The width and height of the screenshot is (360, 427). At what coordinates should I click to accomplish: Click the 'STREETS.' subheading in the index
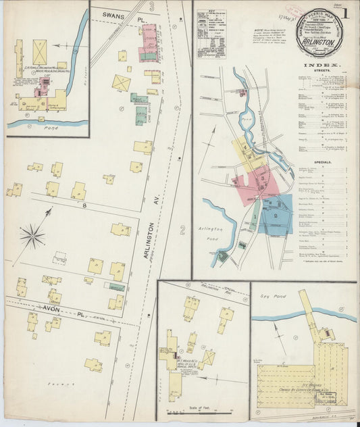pos(316,74)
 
